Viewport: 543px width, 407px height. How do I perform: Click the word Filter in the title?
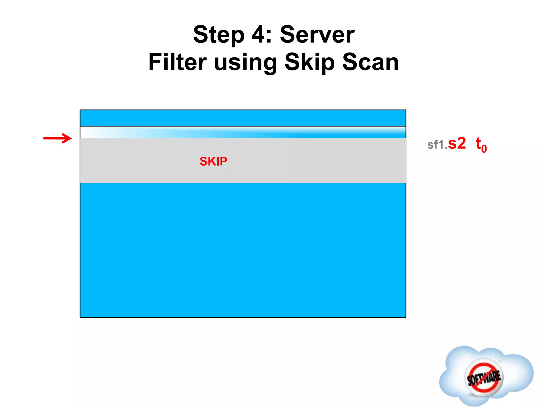(x=177, y=62)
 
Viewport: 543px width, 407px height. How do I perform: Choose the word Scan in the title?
(x=370, y=62)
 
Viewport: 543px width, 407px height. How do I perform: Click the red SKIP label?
(x=213, y=161)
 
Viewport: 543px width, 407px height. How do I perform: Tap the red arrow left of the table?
(x=57, y=138)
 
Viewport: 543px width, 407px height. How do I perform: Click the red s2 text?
(x=457, y=144)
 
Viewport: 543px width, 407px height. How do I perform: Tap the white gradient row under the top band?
(x=243, y=132)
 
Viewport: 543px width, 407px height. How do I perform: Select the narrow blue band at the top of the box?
(x=243, y=118)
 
